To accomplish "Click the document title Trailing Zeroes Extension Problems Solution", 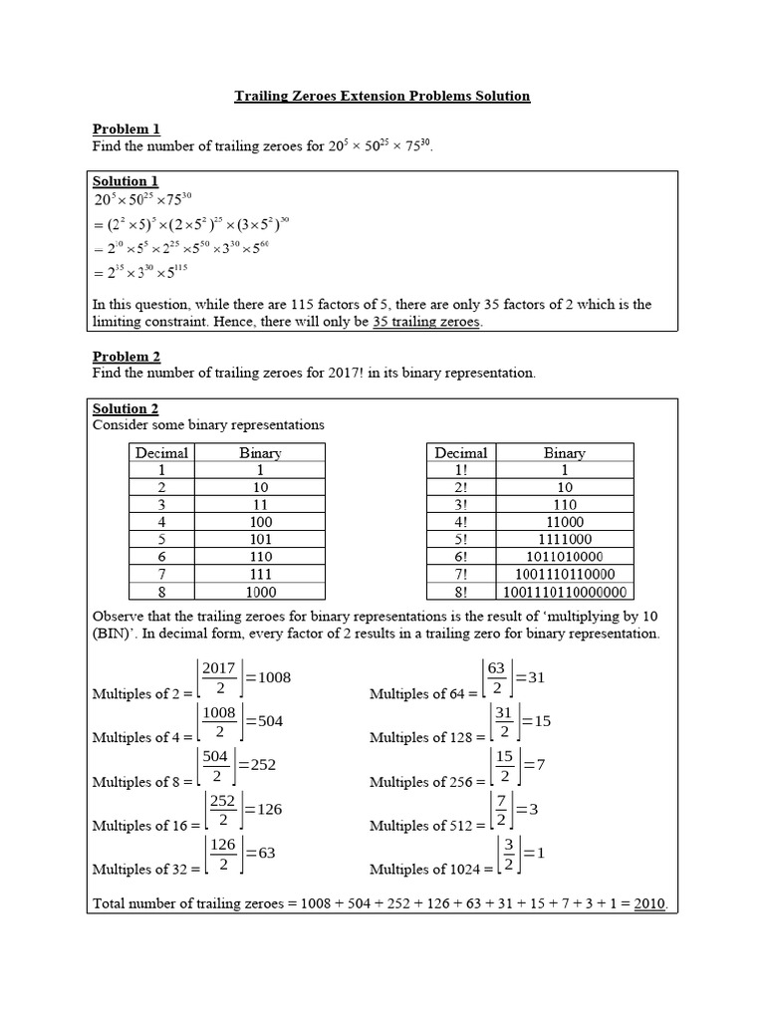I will tap(382, 97).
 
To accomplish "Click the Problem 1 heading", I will tap(126, 128).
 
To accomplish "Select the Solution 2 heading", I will tap(126, 408).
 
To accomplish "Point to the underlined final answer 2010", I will tap(648, 904).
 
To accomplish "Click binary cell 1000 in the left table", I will tap(260, 591).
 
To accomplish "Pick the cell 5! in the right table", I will tap(459, 539).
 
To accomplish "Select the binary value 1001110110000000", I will tap(564, 591).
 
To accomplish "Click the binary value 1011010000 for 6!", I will tap(564, 556).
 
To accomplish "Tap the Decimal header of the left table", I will tap(161, 453).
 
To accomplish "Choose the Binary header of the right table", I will tap(564, 453).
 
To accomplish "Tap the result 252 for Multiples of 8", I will tap(257, 765).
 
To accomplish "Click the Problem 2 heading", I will tap(126, 357).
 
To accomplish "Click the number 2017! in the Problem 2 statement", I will tap(349, 374).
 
